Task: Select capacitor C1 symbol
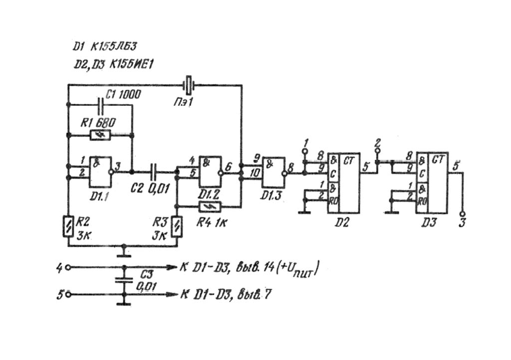coord(101,105)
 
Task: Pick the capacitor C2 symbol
coord(154,172)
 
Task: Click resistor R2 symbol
coord(67,226)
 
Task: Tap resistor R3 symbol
coord(176,226)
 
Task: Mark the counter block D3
coord(432,183)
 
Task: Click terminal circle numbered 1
coord(304,150)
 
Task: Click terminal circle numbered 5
coord(68,295)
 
